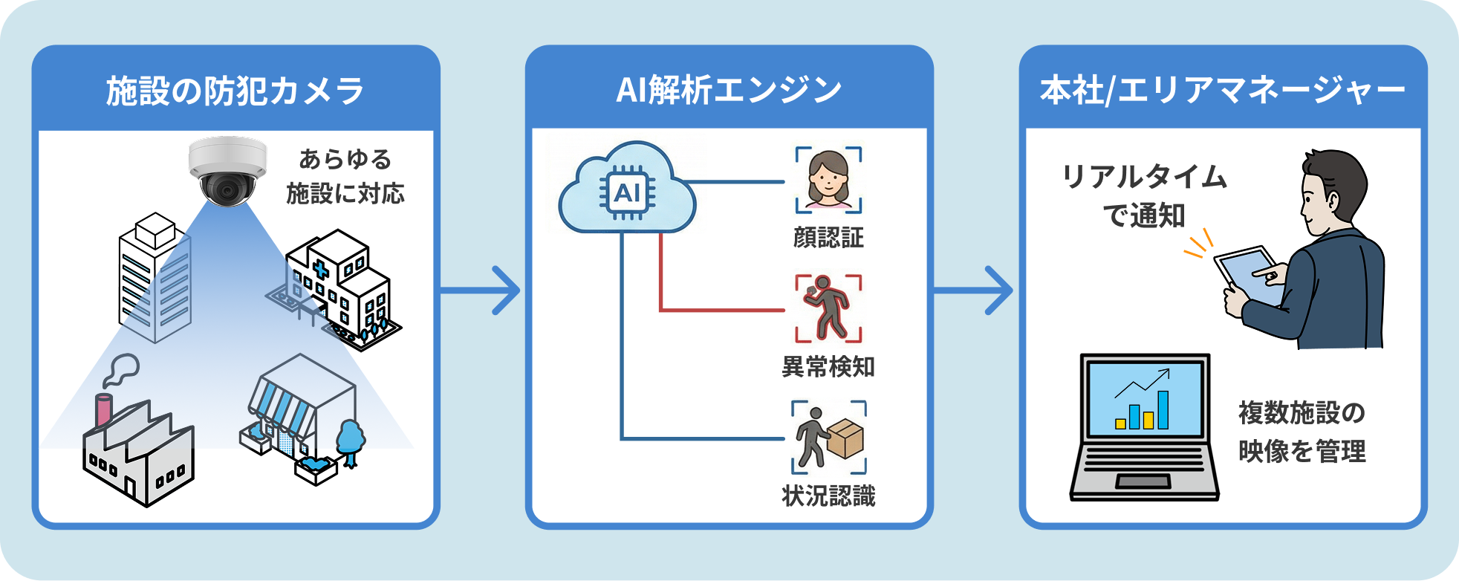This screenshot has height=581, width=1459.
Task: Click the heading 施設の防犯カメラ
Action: click(x=235, y=91)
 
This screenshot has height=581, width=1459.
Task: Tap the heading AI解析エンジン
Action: click(x=729, y=90)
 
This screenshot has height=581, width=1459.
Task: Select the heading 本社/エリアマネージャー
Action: click(x=1223, y=91)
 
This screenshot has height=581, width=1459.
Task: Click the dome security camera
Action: click(x=227, y=171)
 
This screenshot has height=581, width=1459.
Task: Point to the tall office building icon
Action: click(x=155, y=279)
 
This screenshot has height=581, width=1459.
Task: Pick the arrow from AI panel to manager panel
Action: click(x=975, y=290)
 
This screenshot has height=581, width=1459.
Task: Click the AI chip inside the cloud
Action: click(x=627, y=193)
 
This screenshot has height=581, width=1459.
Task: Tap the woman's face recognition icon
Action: click(x=828, y=181)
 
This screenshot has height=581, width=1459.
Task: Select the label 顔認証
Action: click(x=828, y=238)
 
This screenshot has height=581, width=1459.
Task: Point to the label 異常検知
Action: click(x=828, y=367)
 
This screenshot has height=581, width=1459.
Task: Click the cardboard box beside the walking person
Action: click(x=846, y=438)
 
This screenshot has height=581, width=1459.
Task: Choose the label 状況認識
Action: click(x=828, y=496)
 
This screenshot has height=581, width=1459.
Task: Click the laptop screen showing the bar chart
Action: click(x=1144, y=399)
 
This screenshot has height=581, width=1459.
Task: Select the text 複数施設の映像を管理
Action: click(x=1302, y=432)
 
